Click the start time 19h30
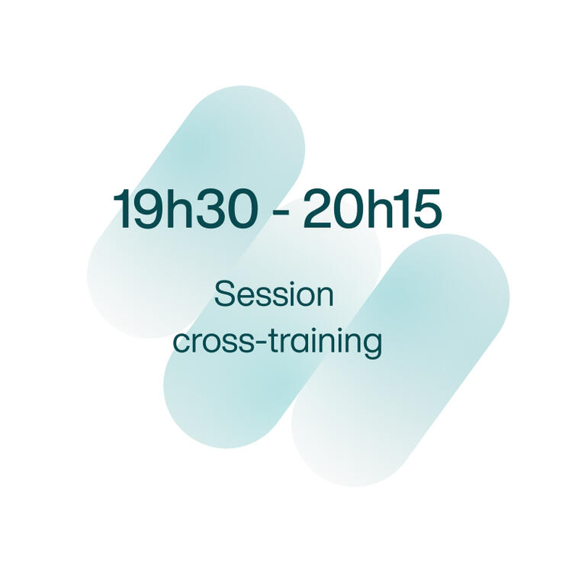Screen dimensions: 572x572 (x=183, y=208)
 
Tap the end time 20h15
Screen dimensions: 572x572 (x=372, y=208)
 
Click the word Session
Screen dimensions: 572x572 (x=274, y=294)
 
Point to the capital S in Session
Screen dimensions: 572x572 (x=223, y=294)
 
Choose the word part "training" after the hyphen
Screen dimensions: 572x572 (x=326, y=343)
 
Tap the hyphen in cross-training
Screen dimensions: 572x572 (x=261, y=344)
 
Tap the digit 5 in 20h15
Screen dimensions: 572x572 (x=427, y=209)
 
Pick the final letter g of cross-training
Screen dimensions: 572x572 (x=372, y=345)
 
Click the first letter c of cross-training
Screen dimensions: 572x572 (x=182, y=342)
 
